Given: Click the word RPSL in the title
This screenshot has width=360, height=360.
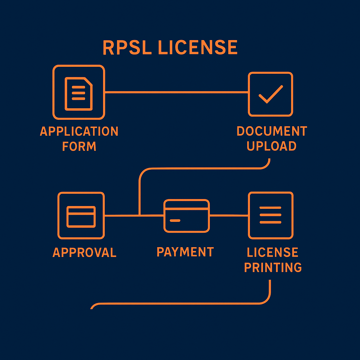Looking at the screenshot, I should pyautogui.click(x=127, y=48).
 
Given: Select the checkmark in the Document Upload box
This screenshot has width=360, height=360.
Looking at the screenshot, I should pyautogui.click(x=270, y=94).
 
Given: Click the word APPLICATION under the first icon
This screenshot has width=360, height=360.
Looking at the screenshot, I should pyautogui.click(x=79, y=131).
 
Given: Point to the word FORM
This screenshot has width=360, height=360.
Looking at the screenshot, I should pyautogui.click(x=79, y=146).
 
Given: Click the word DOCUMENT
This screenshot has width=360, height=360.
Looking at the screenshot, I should pyautogui.click(x=272, y=131).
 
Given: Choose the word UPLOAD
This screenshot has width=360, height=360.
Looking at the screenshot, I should pyautogui.click(x=271, y=146).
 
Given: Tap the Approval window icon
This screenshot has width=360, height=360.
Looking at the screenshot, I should pyautogui.click(x=81, y=216).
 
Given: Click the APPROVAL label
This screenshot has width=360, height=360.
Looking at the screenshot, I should pyautogui.click(x=84, y=252).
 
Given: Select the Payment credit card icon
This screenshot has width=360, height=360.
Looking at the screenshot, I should pyautogui.click(x=187, y=216).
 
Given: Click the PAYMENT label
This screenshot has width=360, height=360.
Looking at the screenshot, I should pyautogui.click(x=185, y=252).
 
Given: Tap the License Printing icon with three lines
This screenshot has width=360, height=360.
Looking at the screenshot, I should pyautogui.click(x=270, y=215).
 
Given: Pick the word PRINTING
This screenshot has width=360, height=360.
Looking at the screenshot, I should pyautogui.click(x=273, y=268).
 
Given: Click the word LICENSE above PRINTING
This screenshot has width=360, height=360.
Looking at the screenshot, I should pyautogui.click(x=272, y=252).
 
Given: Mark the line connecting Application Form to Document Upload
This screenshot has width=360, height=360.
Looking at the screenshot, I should pyautogui.click(x=176, y=92).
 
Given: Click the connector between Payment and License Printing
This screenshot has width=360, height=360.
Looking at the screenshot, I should pyautogui.click(x=229, y=215).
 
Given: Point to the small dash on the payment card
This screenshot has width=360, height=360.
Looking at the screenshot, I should pyautogui.click(x=175, y=221).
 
